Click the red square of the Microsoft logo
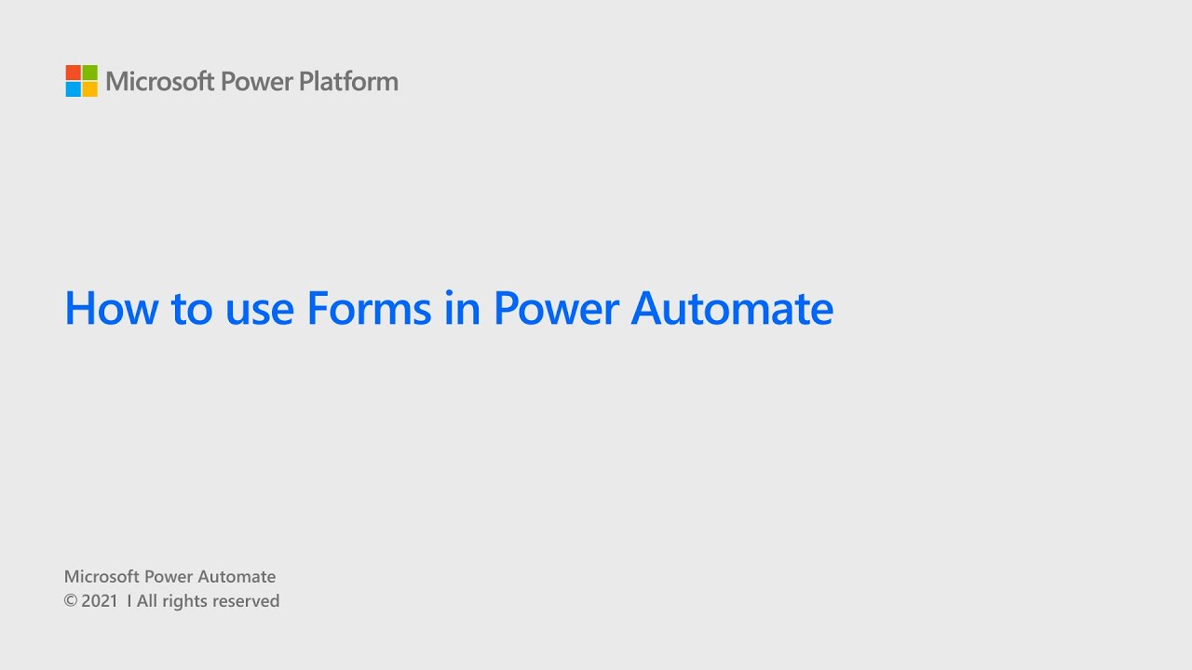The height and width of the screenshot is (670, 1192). [x=74, y=73]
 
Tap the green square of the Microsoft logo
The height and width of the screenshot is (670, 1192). [x=90, y=73]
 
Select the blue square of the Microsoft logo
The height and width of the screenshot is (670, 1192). [x=74, y=89]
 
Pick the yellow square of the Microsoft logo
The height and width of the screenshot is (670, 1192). [x=90, y=89]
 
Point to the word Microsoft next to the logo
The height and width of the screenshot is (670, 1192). [x=160, y=82]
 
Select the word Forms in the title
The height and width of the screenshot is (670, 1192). [x=368, y=308]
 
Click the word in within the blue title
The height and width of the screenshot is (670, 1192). [x=461, y=308]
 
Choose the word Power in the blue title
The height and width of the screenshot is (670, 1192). [x=555, y=308]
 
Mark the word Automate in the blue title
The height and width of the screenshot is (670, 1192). [x=732, y=308]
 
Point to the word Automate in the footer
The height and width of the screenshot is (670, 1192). [x=237, y=577]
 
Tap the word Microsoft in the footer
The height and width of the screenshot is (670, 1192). [x=102, y=577]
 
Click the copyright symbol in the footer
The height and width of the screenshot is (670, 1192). [x=70, y=601]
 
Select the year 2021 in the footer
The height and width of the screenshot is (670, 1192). [x=100, y=601]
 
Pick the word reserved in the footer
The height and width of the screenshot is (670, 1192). [x=247, y=601]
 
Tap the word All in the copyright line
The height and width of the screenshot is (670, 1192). [x=147, y=601]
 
